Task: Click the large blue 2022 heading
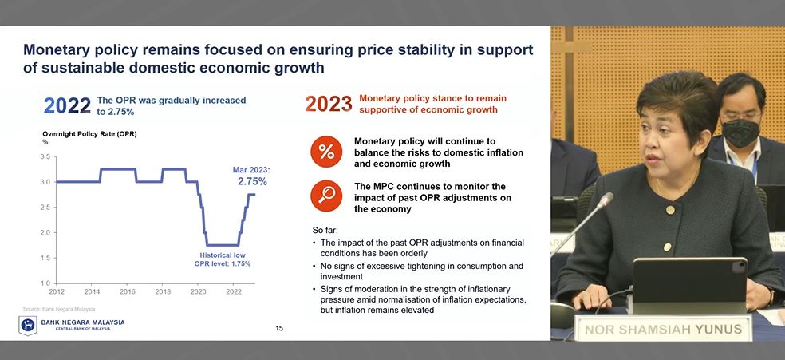pos(67,105)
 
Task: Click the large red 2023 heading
pos(329,105)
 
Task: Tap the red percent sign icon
pos(326,152)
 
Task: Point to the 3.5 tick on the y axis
pos(45,156)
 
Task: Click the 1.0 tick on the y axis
pos(45,283)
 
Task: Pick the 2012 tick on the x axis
pos(56,291)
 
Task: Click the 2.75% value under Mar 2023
pos(251,181)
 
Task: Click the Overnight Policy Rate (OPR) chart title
pos(89,133)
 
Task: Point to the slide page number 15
pos(279,328)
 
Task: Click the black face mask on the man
pos(741,132)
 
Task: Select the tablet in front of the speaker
pos(691,283)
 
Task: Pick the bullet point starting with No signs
pos(416,271)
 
